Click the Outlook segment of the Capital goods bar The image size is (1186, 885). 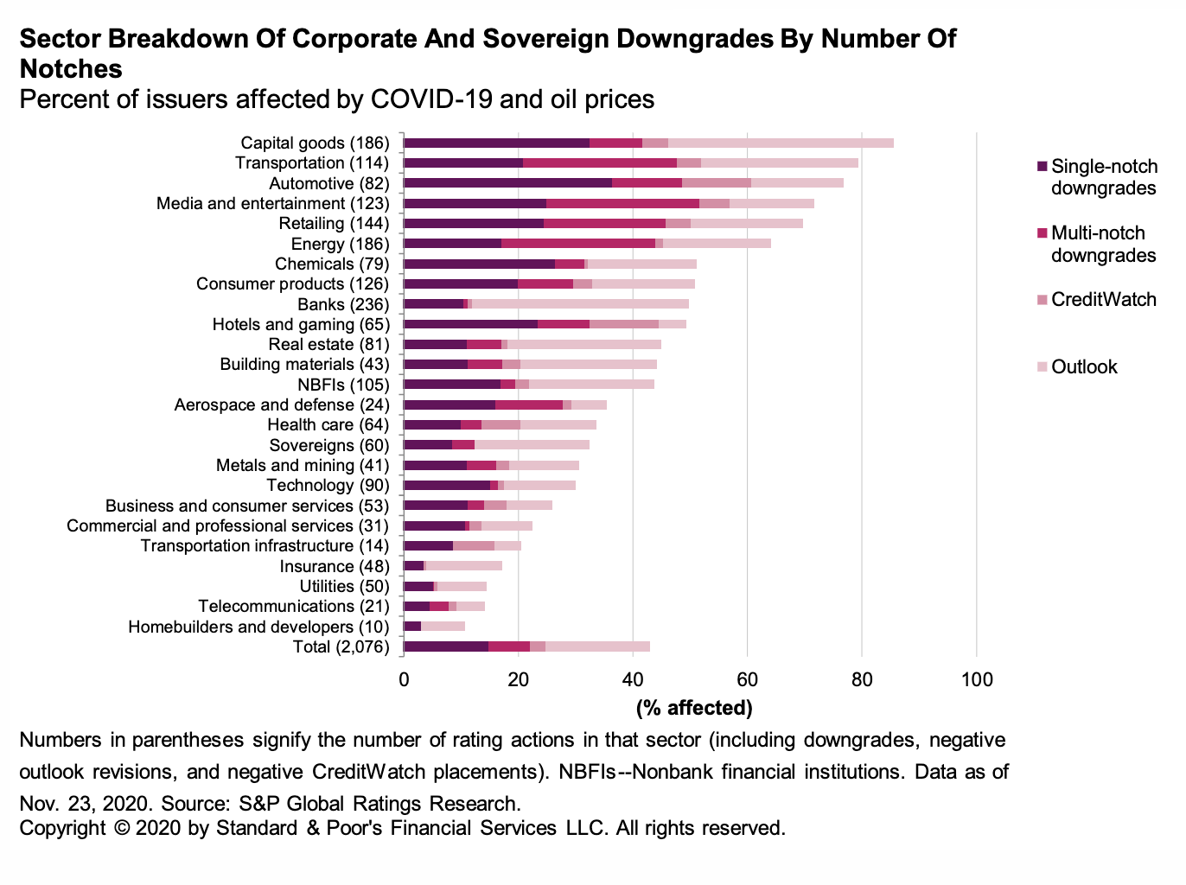(x=781, y=143)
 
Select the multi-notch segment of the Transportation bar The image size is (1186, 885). (x=600, y=162)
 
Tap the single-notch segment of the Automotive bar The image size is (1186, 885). (x=507, y=183)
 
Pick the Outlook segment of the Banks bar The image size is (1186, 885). (x=580, y=304)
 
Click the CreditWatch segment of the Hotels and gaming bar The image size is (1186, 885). (x=624, y=324)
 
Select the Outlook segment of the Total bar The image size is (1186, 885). (x=597, y=646)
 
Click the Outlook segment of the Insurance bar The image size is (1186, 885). (x=464, y=566)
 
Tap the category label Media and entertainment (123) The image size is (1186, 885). (x=273, y=203)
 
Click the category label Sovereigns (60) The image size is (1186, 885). (x=329, y=445)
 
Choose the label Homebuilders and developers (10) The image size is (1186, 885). (x=258, y=627)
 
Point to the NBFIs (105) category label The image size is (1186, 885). (x=343, y=385)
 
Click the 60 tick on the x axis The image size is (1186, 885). (x=747, y=679)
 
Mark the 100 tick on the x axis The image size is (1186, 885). (x=977, y=679)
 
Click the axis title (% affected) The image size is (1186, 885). (x=694, y=708)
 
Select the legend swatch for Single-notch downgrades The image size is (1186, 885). (x=1043, y=166)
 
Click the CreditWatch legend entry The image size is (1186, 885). (x=1103, y=300)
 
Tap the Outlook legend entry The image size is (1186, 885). (x=1084, y=367)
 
